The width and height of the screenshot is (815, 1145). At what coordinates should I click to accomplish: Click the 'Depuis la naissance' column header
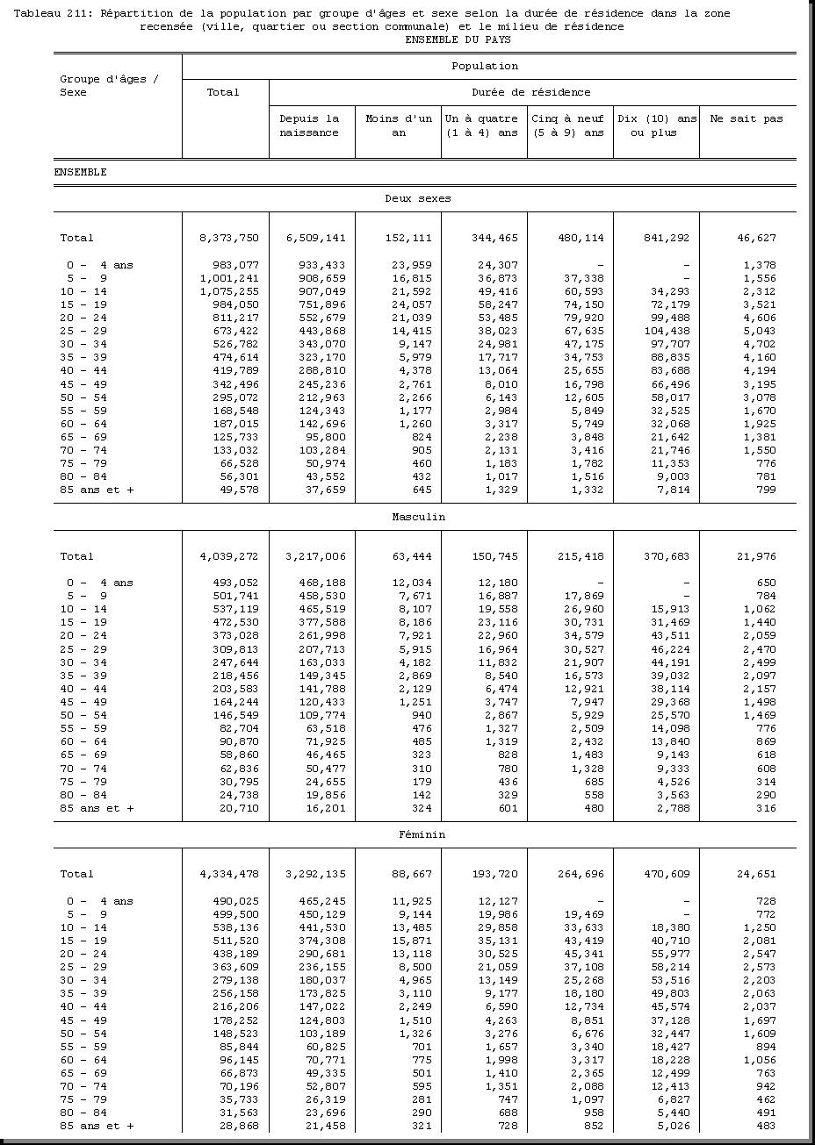click(309, 125)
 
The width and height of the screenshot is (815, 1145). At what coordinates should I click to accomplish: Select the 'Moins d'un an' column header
click(399, 125)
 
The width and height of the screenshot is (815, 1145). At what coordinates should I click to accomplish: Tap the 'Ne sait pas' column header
click(746, 119)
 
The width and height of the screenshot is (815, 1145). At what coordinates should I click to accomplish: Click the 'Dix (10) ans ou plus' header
click(657, 125)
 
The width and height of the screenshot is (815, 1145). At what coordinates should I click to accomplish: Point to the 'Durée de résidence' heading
click(530, 92)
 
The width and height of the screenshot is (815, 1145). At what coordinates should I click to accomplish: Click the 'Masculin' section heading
click(418, 517)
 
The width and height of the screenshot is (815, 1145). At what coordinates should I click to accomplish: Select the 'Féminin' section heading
click(418, 834)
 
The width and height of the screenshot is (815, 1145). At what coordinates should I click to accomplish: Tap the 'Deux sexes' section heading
click(418, 198)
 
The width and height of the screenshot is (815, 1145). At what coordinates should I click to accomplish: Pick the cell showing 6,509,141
click(316, 238)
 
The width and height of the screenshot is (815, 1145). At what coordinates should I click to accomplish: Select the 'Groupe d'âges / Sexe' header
click(109, 86)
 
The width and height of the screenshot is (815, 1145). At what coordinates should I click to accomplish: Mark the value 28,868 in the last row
click(239, 1126)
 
